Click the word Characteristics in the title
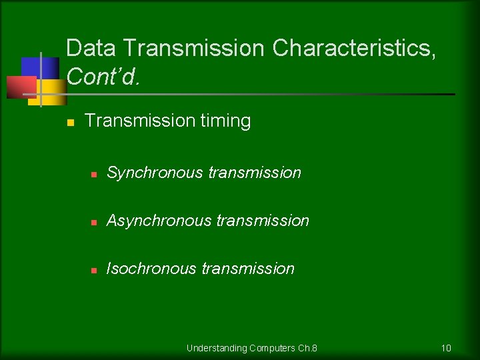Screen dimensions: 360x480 (354, 49)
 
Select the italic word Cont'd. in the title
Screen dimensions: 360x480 (103, 77)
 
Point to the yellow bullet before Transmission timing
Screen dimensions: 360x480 (70, 122)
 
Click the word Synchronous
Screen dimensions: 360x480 (155, 173)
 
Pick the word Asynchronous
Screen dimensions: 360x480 (159, 221)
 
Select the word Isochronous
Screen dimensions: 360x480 (151, 269)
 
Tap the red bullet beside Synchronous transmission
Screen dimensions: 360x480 (95, 174)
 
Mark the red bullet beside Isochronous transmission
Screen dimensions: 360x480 (95, 270)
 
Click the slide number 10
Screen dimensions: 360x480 (446, 348)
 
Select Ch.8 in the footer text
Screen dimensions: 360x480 (307, 348)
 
